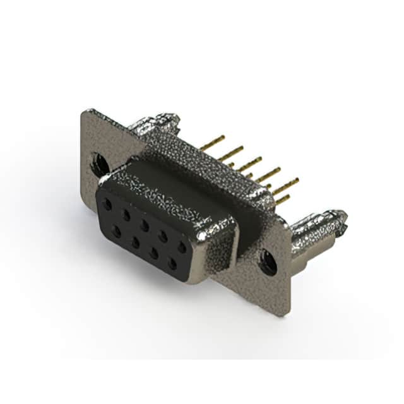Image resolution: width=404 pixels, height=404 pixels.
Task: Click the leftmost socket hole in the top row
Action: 108,205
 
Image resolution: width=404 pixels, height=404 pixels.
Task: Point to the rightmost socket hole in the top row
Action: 182,247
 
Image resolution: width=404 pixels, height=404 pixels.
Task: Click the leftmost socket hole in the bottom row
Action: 116,232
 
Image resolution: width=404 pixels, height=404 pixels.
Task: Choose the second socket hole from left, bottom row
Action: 135,242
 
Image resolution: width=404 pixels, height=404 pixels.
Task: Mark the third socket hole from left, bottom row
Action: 153,253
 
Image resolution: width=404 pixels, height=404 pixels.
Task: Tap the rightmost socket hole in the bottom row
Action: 172,264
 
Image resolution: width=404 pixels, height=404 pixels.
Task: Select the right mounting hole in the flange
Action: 268,261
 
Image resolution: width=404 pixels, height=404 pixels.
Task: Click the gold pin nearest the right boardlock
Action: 282,200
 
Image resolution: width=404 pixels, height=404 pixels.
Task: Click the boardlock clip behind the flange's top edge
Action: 155,122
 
